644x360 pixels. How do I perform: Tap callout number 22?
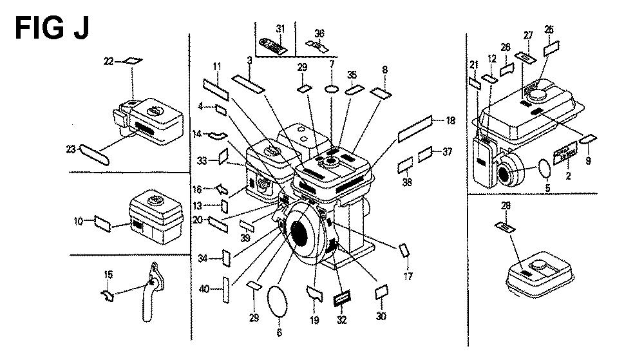point(109,61)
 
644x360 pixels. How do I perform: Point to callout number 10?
point(79,222)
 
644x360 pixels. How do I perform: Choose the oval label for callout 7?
point(332,88)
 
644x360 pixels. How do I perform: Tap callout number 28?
point(505,206)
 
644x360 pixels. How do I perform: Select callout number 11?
point(217,66)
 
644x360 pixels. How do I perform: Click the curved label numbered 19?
point(314,294)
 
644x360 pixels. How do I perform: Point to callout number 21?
point(474,64)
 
